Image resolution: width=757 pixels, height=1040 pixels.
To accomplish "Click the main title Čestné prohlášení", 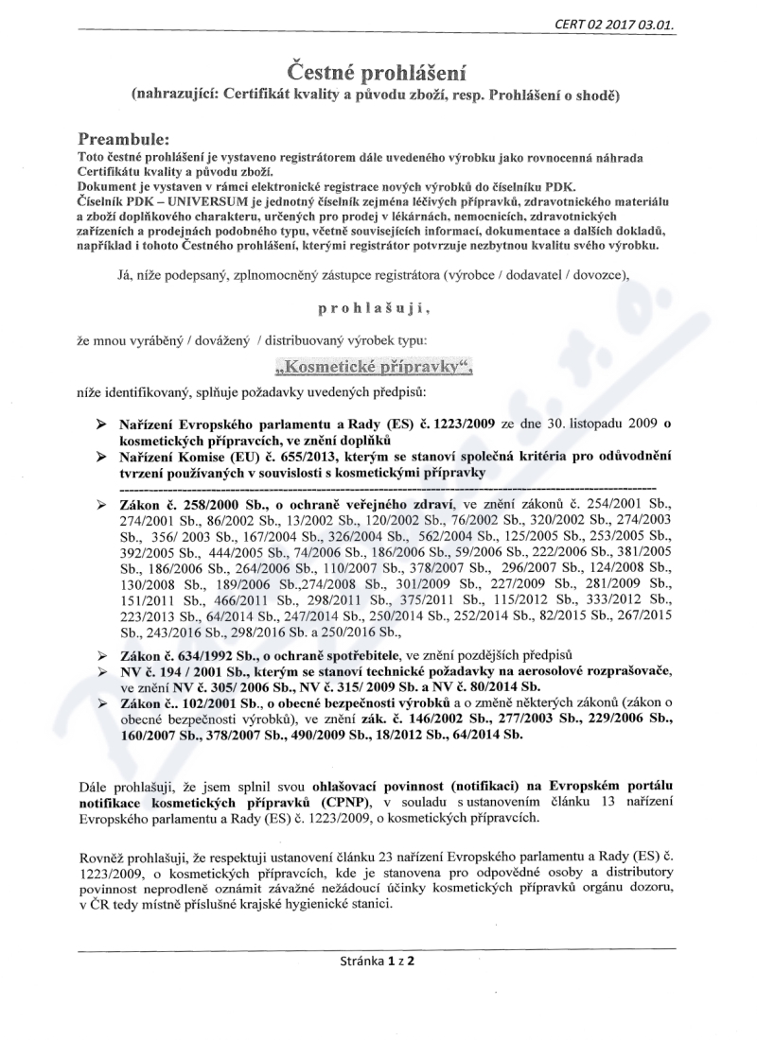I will coord(378,72).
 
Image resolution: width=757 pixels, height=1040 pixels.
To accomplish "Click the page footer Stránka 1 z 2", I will coord(378,961).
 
